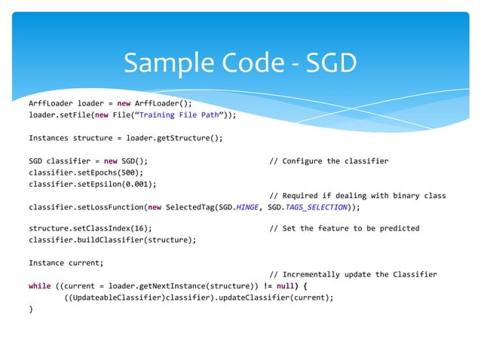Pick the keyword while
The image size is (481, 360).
(39, 286)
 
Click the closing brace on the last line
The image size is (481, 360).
(31, 309)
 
